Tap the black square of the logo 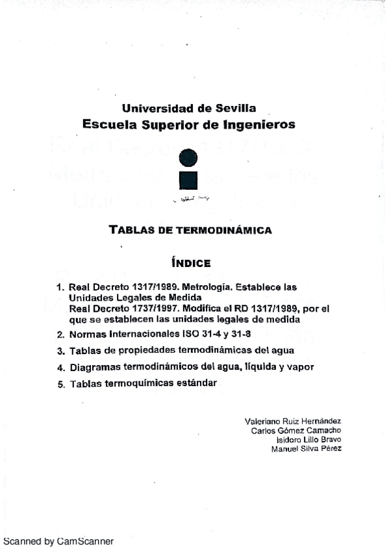tap(188, 181)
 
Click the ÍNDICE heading tap(190, 263)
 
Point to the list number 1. tap(60, 287)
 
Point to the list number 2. tap(60, 335)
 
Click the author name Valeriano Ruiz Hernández tap(292, 420)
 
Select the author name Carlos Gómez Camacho tap(295, 429)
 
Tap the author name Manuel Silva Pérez tap(305, 448)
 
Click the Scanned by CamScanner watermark tap(58, 541)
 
